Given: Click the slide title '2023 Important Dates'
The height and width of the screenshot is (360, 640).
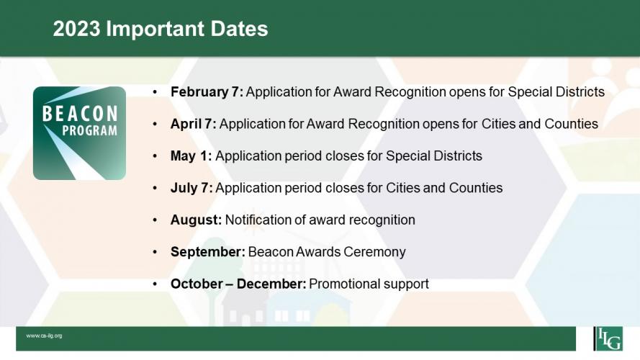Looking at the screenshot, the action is coord(161,29).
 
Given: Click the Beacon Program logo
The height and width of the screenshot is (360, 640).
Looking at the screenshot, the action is coord(80,133).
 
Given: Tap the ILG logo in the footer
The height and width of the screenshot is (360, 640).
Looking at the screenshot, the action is coord(608,338).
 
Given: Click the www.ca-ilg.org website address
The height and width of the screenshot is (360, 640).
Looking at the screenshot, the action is coord(44,336).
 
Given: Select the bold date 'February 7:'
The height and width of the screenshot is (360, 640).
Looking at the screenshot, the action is coord(207,92).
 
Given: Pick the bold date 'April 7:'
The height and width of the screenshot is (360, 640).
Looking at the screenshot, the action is coord(194,124).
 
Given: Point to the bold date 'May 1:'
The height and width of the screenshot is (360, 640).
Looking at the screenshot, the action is coord(191,156).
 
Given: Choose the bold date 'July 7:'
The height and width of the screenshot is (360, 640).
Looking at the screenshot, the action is coord(191,188).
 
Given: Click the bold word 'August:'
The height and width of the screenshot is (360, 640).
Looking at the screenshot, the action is coord(197,220).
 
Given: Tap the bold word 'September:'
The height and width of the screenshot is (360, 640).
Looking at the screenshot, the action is coord(208,252).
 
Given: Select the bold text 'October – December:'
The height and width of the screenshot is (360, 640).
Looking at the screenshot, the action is coord(238,284).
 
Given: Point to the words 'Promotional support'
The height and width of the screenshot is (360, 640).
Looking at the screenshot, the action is coord(369,284).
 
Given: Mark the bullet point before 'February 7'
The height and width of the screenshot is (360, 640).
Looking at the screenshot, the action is coord(155,92).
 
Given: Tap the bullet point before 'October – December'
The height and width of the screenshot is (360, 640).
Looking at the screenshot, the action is coord(155,284).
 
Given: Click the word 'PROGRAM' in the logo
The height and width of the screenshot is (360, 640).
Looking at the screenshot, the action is coord(90,130).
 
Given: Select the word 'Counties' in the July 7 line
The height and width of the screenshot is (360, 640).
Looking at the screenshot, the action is coord(476,188).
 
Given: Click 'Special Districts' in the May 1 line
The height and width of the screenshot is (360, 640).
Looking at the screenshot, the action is coord(434,156).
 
